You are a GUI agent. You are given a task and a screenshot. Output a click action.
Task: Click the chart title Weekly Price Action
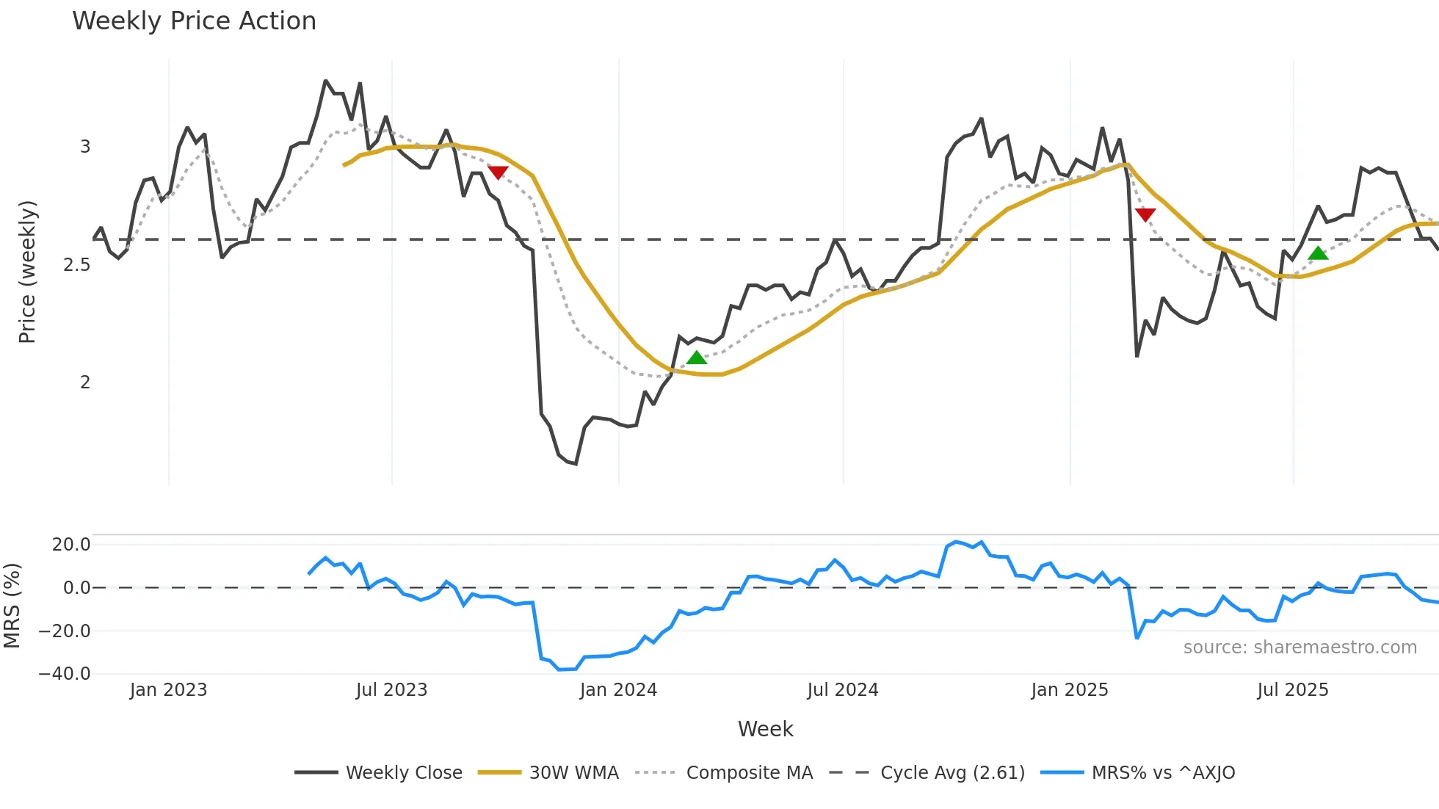click(194, 21)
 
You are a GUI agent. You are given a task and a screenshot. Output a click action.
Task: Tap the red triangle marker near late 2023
click(498, 173)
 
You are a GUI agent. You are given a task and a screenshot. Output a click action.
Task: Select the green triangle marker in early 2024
click(696, 358)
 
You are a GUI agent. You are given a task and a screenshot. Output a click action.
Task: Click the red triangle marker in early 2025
click(1145, 214)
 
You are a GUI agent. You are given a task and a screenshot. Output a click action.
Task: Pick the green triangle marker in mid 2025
click(1318, 253)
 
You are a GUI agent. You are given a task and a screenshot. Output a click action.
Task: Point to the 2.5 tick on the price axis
click(76, 265)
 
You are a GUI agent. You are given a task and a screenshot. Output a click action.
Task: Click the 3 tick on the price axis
click(85, 147)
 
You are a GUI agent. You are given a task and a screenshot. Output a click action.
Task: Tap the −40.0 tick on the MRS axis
click(65, 674)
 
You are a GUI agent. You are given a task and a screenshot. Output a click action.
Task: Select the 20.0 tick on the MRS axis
click(71, 545)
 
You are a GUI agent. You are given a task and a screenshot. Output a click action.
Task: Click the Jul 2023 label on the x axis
click(391, 690)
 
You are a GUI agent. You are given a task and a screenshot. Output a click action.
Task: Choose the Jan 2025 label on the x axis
click(1069, 690)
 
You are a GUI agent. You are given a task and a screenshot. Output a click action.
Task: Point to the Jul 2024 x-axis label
click(842, 690)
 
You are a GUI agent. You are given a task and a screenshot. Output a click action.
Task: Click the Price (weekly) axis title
click(27, 272)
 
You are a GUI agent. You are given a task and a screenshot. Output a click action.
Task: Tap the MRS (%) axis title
click(12, 606)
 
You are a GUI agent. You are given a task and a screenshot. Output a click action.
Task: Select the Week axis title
click(765, 729)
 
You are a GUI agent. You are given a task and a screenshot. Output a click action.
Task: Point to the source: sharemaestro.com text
click(1300, 647)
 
